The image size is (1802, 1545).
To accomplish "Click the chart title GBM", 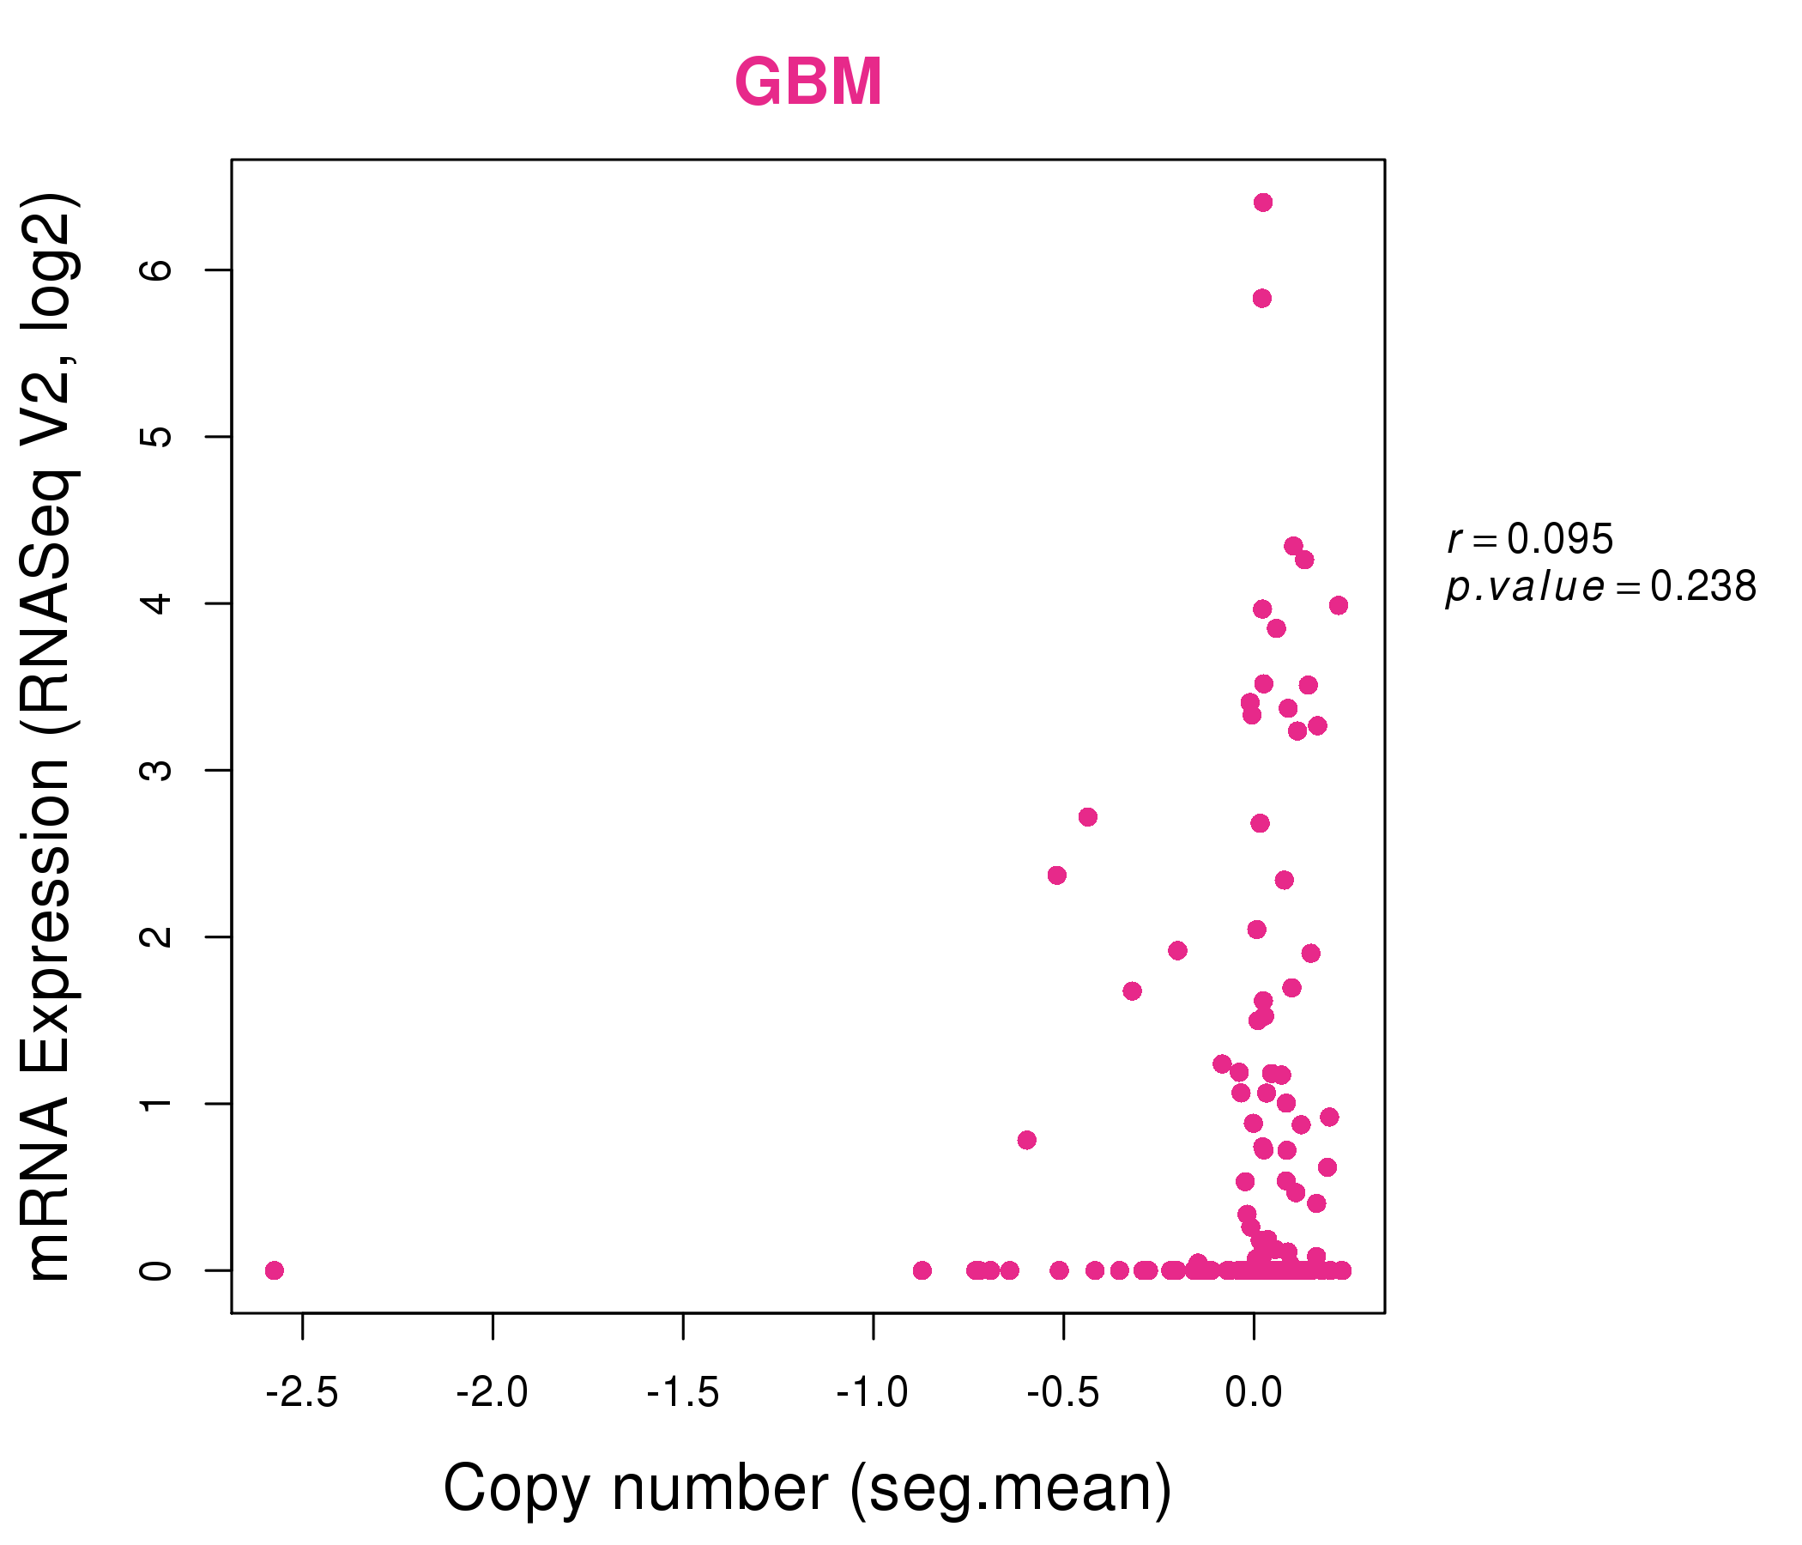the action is point(808,82).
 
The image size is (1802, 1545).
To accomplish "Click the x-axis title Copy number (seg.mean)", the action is point(808,1488).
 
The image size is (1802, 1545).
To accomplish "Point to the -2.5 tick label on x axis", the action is point(302,1393).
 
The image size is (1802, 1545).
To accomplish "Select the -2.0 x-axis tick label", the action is point(493,1393).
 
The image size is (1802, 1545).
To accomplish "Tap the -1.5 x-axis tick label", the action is point(683,1393).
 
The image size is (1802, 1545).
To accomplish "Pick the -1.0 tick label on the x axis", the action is point(873,1393).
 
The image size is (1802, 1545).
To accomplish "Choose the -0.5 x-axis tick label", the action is point(1063,1393).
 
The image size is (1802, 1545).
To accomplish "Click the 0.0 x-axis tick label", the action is point(1253,1393).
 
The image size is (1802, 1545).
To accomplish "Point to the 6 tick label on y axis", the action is point(156,270).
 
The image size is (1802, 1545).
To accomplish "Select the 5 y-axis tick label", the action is point(156,437).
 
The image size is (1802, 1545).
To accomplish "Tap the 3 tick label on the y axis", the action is point(156,770).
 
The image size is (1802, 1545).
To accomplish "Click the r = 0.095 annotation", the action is point(1531,538).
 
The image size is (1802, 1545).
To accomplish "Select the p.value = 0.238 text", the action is point(1601,587).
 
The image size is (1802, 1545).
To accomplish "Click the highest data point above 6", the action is point(1263,203).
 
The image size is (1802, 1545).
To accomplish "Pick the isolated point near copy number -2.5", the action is point(274,1271).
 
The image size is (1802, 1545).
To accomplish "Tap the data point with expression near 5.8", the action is point(1262,299).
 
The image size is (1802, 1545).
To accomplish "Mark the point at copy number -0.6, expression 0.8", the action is point(1026,1141).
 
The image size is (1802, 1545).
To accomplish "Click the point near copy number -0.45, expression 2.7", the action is point(1087,817).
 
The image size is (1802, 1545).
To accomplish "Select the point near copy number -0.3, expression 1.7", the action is point(1132,991).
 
